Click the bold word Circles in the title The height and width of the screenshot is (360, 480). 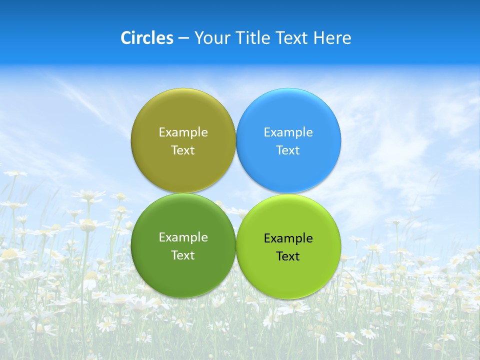point(147,38)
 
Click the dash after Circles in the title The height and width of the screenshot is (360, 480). point(183,38)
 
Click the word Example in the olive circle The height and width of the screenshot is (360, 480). point(183,132)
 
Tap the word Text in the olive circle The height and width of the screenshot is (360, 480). point(183,150)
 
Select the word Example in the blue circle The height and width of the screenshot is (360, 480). point(288,132)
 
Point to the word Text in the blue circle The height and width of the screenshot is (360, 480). point(288,150)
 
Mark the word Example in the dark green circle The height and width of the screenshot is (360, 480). point(183,237)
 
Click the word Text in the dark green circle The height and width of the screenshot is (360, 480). point(183,255)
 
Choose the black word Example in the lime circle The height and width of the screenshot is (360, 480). point(288,238)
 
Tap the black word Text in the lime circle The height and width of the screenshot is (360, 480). point(288,256)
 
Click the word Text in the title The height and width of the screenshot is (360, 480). point(292,38)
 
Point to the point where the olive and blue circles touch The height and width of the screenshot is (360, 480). point(236,140)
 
